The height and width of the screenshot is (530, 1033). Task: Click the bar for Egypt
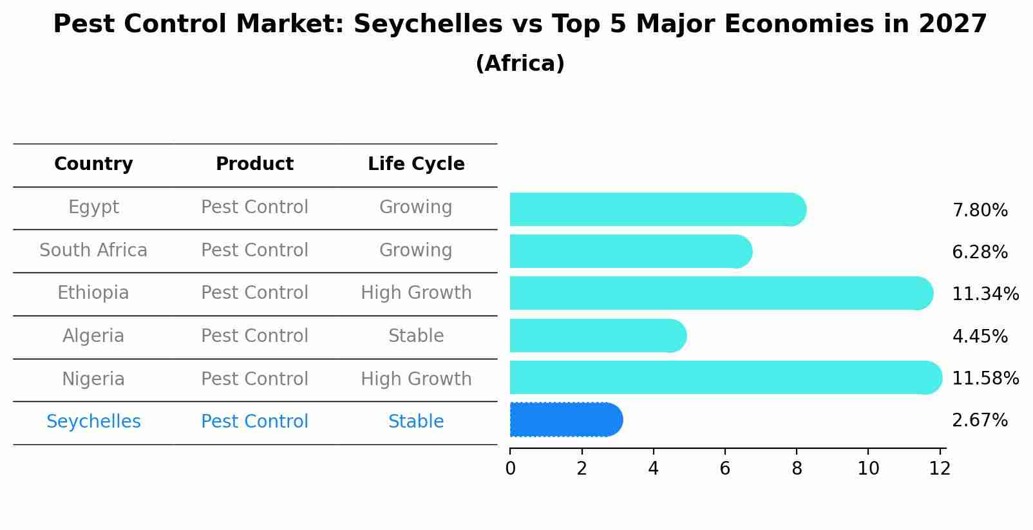point(657,209)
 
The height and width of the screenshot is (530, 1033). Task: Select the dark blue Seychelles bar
point(565,420)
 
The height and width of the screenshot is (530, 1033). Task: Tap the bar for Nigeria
point(725,377)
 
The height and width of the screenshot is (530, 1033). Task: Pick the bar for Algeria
point(598,336)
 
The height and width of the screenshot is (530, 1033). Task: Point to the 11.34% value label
point(985,294)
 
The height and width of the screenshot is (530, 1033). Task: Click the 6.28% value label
point(980,252)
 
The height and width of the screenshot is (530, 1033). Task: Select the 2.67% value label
point(980,421)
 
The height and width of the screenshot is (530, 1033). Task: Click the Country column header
point(93,164)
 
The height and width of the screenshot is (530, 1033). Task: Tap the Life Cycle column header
point(416,164)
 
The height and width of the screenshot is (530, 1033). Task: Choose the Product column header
point(254,164)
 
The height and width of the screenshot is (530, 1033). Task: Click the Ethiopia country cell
point(93,293)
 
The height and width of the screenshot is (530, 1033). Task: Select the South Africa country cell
point(93,250)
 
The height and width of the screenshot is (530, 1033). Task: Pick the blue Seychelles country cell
point(93,422)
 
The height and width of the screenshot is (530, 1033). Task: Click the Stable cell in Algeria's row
point(416,336)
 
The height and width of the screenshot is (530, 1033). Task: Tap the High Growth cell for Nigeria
point(416,379)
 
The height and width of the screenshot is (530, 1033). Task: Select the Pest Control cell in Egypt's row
point(254,207)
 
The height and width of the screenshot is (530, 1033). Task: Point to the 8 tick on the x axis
point(797,468)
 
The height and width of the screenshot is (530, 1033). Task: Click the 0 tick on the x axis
point(511,468)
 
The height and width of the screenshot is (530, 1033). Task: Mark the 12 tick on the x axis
point(940,468)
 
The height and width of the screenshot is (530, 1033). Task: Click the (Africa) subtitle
point(520,64)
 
